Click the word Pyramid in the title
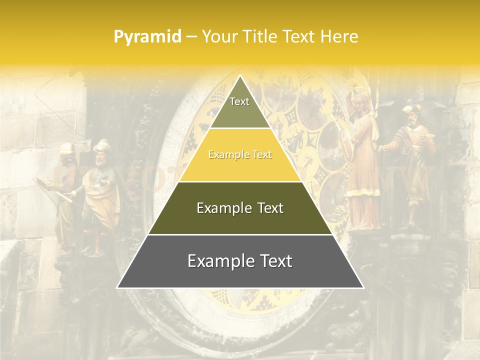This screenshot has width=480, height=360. (x=147, y=37)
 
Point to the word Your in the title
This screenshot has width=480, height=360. (x=218, y=37)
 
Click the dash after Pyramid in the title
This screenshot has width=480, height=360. (x=191, y=37)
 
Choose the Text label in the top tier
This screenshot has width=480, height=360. (x=239, y=102)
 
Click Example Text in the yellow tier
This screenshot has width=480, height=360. (x=240, y=155)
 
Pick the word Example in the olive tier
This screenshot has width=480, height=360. (x=223, y=208)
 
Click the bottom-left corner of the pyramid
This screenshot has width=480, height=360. (x=117, y=288)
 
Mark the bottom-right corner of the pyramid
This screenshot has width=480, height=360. (x=363, y=288)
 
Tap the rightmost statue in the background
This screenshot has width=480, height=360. (x=412, y=165)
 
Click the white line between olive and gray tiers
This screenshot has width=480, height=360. (x=240, y=234)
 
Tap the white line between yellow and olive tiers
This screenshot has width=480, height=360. (x=240, y=181)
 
